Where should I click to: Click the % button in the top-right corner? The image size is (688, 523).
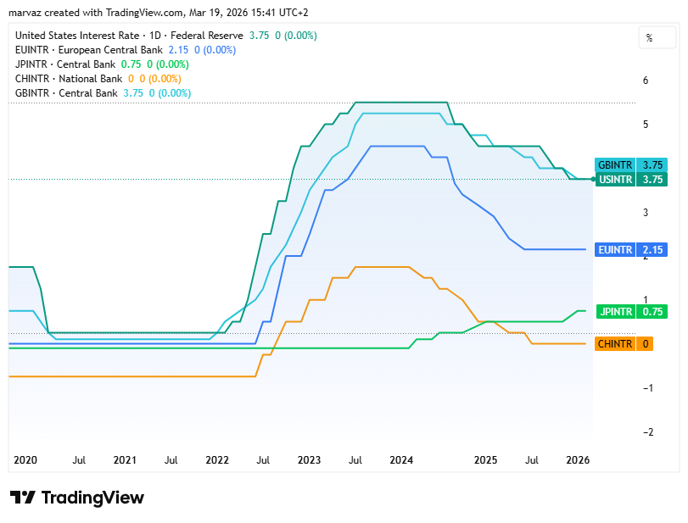tap(650, 38)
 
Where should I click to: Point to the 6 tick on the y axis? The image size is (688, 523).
tap(646, 81)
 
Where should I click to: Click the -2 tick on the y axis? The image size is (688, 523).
tap(648, 432)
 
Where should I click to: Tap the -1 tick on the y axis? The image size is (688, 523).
tap(648, 388)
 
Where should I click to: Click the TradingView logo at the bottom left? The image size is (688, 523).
tap(77, 498)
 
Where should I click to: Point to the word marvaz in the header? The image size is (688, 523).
tap(25, 13)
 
